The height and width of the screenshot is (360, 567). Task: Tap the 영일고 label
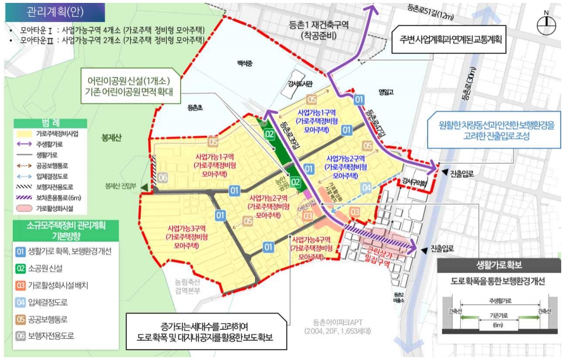(x=386, y=91)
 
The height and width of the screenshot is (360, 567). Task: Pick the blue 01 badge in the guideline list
(x=21, y=252)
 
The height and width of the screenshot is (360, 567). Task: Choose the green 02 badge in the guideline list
(x=21, y=269)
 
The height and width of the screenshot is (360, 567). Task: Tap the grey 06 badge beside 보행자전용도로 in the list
(x=21, y=336)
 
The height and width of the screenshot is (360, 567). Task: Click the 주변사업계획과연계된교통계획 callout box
(x=450, y=40)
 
